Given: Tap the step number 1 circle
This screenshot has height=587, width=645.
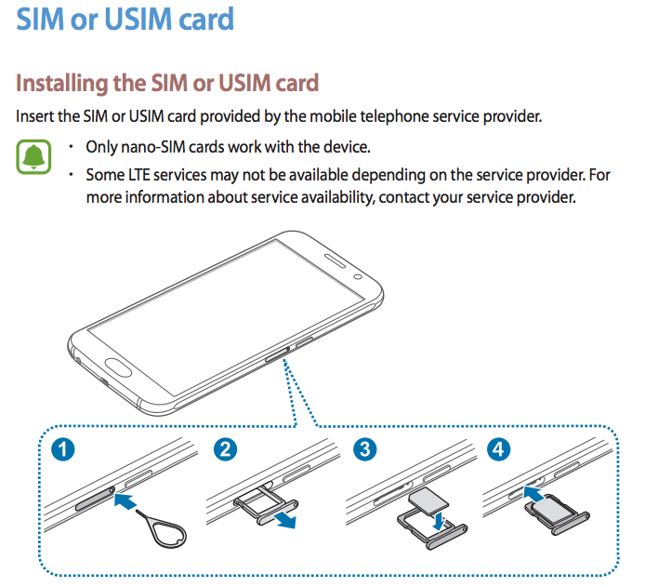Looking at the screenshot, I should (63, 451).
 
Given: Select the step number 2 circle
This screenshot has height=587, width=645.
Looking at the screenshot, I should (224, 451).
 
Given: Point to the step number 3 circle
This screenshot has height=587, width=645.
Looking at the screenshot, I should (366, 451).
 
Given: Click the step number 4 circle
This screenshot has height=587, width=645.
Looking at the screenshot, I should (500, 451).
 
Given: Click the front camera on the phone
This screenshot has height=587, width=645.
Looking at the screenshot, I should (357, 277).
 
